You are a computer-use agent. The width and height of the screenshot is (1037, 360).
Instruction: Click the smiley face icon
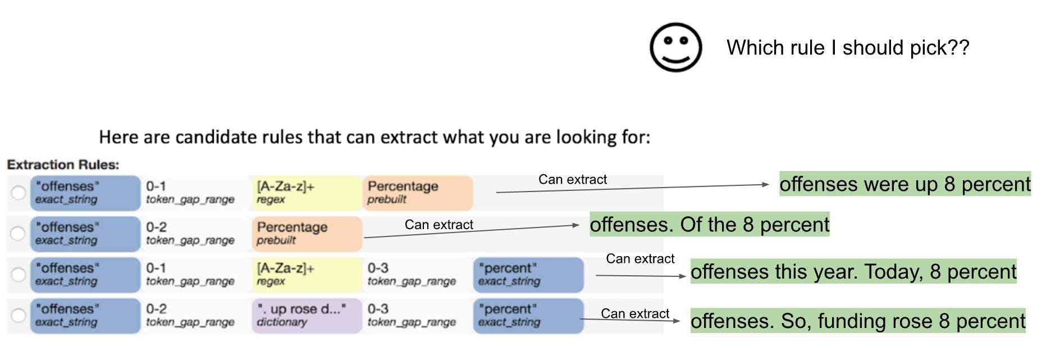(675, 47)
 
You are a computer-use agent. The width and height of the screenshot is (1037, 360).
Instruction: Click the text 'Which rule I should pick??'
(848, 48)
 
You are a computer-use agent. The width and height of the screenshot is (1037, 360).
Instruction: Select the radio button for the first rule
(19, 193)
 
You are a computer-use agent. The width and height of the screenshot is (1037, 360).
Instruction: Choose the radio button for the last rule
(19, 316)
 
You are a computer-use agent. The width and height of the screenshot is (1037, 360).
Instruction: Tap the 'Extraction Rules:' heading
(63, 165)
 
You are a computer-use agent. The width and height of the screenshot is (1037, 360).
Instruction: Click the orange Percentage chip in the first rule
(417, 193)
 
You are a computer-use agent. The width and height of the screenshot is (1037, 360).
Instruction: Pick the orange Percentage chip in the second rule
(307, 234)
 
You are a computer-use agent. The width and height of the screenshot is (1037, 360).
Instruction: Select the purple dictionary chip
(307, 316)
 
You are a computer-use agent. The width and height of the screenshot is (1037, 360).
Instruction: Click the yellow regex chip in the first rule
(307, 193)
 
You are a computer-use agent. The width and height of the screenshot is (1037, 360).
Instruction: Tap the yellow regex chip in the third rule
(307, 275)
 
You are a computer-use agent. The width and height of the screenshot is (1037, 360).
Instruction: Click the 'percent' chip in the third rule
(528, 275)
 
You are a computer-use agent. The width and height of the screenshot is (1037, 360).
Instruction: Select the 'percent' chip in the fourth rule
(528, 316)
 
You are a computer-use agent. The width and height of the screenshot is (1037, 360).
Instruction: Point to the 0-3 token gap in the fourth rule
(412, 315)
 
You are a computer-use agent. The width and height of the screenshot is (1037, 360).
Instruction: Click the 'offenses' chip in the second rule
(85, 234)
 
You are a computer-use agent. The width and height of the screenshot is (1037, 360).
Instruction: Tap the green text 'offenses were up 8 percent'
(905, 184)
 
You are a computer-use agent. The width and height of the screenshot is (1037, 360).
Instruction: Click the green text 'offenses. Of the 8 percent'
(710, 225)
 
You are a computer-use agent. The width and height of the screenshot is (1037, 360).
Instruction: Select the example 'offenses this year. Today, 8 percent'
(853, 271)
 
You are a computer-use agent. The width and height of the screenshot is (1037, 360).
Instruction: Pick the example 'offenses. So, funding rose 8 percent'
(858, 321)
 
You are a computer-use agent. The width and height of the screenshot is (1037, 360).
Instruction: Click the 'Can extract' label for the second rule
(439, 225)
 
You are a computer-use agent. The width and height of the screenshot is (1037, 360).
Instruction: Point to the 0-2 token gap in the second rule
(190, 233)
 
